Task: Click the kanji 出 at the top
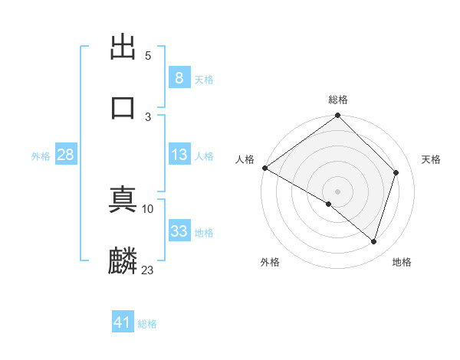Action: (x=123, y=46)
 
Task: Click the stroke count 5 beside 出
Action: (x=147, y=56)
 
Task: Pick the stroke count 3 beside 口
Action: (x=147, y=116)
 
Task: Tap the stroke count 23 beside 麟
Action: (x=147, y=270)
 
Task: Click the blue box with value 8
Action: (x=179, y=77)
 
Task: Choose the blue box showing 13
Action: (x=179, y=155)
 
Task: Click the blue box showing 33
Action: (x=179, y=231)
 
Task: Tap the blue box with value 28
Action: (x=65, y=155)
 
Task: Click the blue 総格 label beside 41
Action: (x=147, y=324)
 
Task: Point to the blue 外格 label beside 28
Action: (x=41, y=156)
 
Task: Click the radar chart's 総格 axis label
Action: (x=338, y=100)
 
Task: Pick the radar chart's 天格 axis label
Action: (x=432, y=159)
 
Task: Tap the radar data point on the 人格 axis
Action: (x=264, y=168)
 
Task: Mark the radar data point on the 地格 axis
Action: (x=373, y=241)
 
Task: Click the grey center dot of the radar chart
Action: (x=338, y=191)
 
